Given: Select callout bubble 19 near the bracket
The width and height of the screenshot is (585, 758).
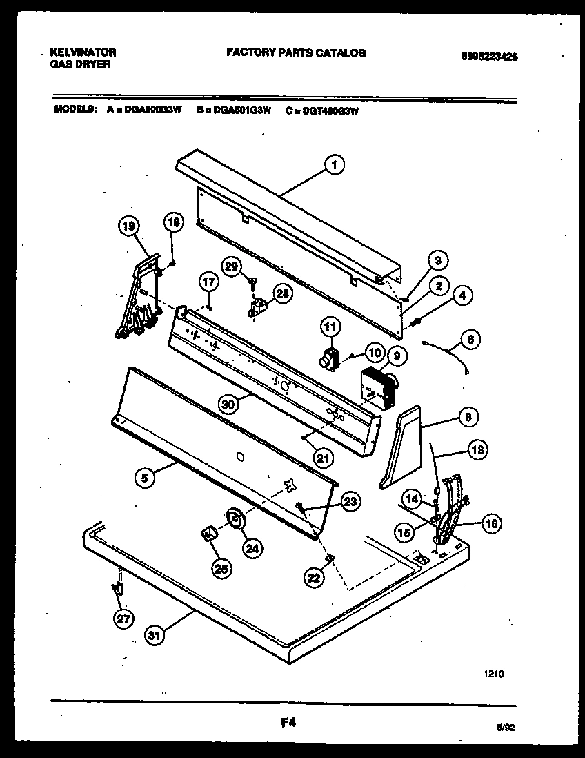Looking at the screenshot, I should (129, 224).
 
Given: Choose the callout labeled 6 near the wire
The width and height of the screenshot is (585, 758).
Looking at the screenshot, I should (470, 339).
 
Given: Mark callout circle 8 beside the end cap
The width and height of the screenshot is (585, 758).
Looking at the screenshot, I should (469, 417).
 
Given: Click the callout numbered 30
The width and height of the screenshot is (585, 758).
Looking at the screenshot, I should (228, 403).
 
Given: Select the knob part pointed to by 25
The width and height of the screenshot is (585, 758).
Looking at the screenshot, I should (208, 533).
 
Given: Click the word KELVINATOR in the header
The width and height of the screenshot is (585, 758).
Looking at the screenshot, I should (83, 52).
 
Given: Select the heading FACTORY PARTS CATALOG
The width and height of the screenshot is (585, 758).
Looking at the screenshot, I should (296, 52).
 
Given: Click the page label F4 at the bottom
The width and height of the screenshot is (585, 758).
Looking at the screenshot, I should (288, 723).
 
